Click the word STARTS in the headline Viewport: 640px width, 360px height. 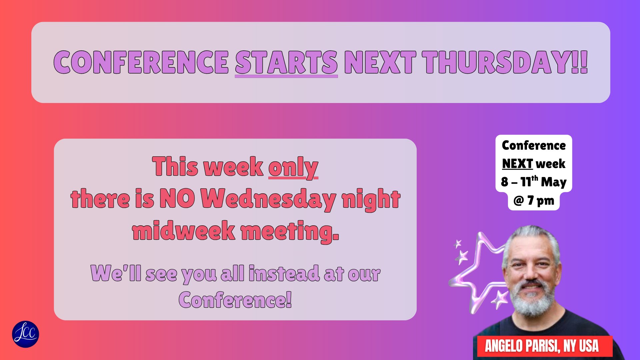[286, 62]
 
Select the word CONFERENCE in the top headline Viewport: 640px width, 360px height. [141, 62]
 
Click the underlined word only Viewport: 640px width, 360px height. [293, 167]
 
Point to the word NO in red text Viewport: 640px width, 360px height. [177, 198]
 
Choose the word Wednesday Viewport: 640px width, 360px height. [268, 199]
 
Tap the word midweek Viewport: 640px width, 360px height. [184, 230]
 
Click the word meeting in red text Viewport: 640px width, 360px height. [290, 232]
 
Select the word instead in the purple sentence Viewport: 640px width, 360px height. [284, 273]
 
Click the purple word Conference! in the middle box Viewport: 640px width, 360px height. [235, 300]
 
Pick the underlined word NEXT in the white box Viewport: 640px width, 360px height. [517, 164]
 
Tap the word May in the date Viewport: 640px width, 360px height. [554, 182]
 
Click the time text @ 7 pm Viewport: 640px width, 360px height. [534, 200]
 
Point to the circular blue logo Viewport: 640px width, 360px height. [26, 334]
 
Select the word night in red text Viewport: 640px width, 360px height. [371, 199]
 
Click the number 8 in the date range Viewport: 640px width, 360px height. [505, 182]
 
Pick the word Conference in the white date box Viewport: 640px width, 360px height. [534, 145]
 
